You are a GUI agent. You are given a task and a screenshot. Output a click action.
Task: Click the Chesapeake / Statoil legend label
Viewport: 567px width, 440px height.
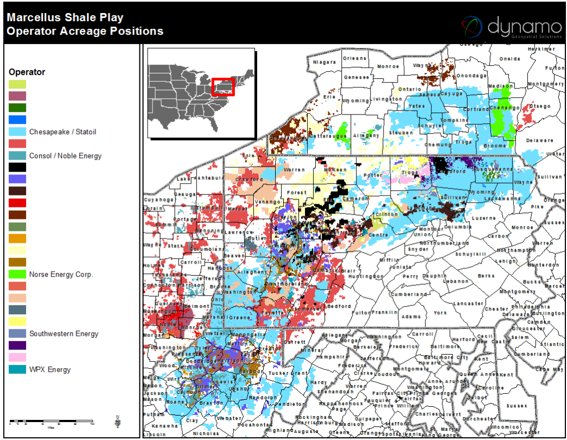click(x=62, y=132)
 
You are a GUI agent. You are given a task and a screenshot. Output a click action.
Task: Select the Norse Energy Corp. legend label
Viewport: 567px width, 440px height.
click(x=61, y=275)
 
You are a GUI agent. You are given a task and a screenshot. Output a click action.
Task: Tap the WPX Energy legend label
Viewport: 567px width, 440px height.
click(x=50, y=370)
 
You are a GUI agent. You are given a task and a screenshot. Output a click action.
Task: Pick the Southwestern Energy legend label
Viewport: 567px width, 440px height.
click(x=63, y=334)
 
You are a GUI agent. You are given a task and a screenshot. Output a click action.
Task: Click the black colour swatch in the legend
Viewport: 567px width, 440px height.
click(x=17, y=167)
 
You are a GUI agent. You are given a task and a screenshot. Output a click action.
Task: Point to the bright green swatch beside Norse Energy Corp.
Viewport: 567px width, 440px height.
click(x=17, y=275)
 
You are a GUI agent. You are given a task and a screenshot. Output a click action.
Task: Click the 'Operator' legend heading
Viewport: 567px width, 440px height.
click(x=27, y=72)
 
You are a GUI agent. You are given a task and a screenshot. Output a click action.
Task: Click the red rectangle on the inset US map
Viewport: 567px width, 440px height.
click(x=222, y=87)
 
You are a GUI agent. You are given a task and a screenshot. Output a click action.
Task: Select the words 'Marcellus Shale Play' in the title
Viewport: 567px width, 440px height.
click(x=65, y=18)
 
